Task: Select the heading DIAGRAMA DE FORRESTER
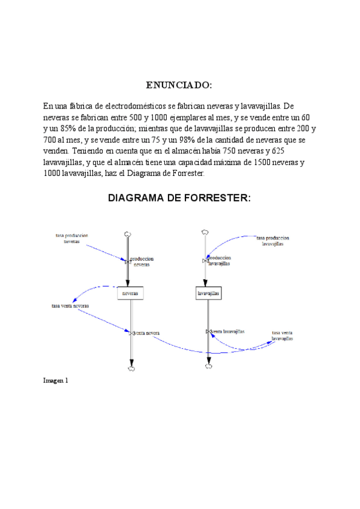point(179,197)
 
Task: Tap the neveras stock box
point(130,294)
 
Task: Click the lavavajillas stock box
point(208,294)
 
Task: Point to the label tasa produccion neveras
point(71,238)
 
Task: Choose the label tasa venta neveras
point(70,306)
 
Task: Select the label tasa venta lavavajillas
point(282,336)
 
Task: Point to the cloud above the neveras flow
point(128,234)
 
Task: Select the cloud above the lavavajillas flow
point(205,231)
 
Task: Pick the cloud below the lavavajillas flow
point(209,366)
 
